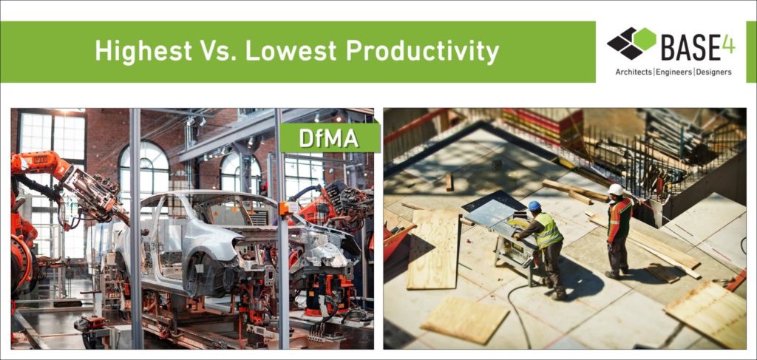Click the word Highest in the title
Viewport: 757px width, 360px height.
143,51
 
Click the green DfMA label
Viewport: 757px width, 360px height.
329,138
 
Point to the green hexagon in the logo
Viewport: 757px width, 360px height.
645,39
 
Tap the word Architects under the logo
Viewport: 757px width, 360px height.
634,72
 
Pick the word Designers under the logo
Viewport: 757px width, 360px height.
713,72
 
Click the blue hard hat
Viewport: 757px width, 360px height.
534,206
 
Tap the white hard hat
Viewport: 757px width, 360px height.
616,189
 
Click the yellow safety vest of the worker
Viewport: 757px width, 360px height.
548,231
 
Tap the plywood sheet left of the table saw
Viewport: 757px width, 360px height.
432,249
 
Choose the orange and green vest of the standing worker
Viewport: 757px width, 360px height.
619,219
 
